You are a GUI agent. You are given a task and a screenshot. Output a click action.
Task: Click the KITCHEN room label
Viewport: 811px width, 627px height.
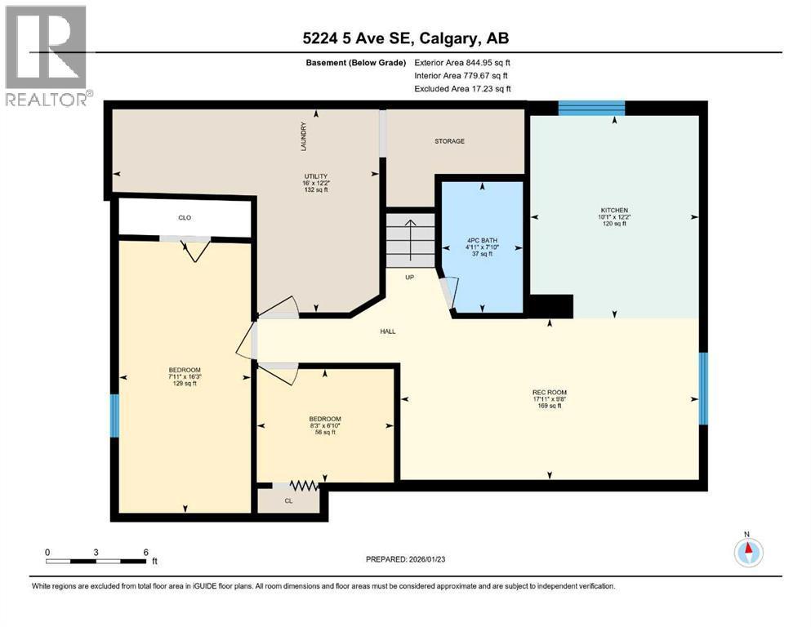click(x=614, y=211)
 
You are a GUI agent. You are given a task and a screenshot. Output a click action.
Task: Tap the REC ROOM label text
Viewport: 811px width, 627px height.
click(x=549, y=392)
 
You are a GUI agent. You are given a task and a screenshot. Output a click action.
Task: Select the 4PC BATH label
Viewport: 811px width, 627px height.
click(x=482, y=240)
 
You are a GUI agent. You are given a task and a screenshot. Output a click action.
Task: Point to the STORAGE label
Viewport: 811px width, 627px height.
click(x=449, y=141)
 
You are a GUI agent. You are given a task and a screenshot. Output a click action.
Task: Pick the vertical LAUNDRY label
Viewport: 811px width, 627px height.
click(x=303, y=136)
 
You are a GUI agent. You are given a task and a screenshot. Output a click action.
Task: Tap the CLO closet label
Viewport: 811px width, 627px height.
click(x=185, y=218)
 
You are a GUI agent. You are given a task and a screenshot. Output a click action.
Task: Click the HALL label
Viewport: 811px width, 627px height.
click(x=387, y=331)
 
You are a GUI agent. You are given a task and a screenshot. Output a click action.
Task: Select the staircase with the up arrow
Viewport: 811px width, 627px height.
click(x=411, y=239)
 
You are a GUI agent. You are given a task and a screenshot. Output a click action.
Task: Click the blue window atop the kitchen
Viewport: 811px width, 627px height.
click(x=591, y=107)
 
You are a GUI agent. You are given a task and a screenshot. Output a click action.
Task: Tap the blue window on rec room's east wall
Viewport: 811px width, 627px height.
click(x=703, y=388)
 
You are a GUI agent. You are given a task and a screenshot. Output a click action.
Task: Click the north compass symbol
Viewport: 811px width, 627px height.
click(x=747, y=552)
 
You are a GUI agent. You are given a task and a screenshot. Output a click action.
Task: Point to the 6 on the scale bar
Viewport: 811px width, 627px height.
click(x=145, y=552)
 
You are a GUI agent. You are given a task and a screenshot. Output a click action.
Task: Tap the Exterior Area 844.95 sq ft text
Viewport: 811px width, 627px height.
click(x=462, y=63)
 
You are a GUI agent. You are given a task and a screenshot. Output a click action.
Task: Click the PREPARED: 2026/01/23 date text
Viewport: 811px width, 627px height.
click(x=405, y=559)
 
